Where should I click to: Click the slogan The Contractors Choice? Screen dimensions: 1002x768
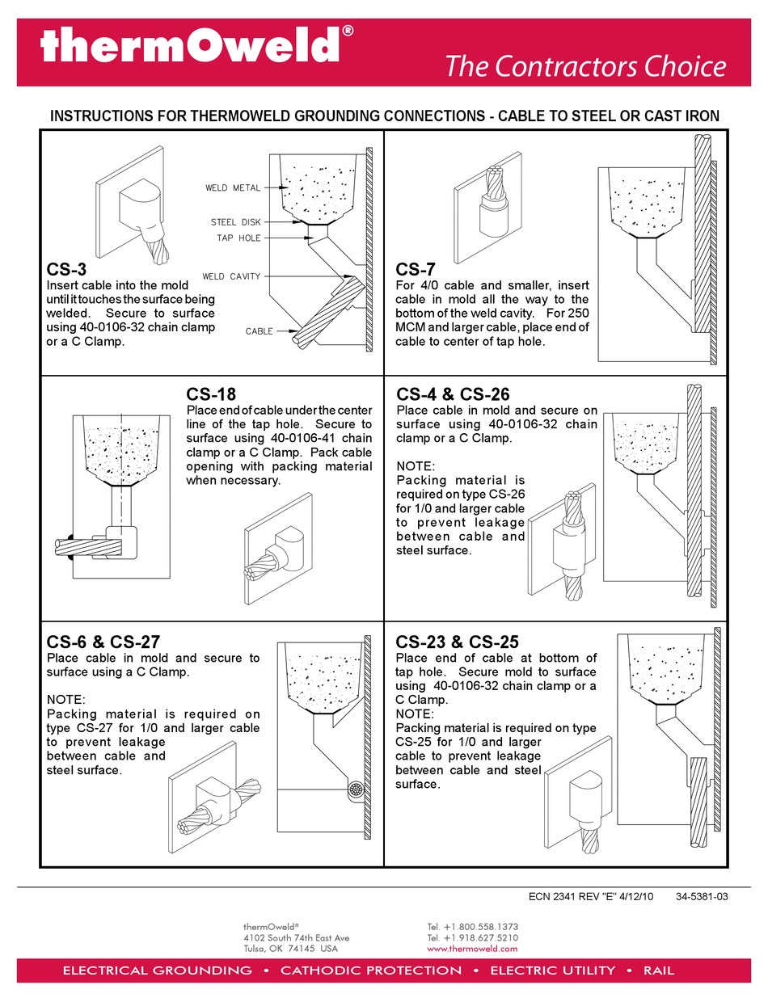(585, 66)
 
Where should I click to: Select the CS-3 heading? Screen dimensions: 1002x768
(67, 269)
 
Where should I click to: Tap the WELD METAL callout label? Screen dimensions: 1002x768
(233, 187)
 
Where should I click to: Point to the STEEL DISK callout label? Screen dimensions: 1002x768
(235, 221)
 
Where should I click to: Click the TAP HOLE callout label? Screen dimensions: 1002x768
(238, 238)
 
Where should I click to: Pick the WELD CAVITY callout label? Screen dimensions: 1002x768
(231, 276)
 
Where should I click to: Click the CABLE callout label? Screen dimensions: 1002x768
(260, 330)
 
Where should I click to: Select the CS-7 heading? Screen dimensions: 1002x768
(416, 269)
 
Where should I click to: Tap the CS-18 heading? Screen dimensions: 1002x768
(211, 394)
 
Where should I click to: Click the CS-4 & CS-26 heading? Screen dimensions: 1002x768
(453, 394)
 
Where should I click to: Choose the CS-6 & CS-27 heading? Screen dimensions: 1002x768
(103, 642)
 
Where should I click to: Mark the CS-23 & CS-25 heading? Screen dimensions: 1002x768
(458, 642)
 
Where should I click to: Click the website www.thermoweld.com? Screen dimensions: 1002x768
(472, 949)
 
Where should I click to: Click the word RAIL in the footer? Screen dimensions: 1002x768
(658, 970)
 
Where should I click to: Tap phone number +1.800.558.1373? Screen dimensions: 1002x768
(472, 926)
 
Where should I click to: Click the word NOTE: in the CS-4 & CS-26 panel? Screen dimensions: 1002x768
(416, 466)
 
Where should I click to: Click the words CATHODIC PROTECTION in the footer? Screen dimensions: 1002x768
(371, 970)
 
